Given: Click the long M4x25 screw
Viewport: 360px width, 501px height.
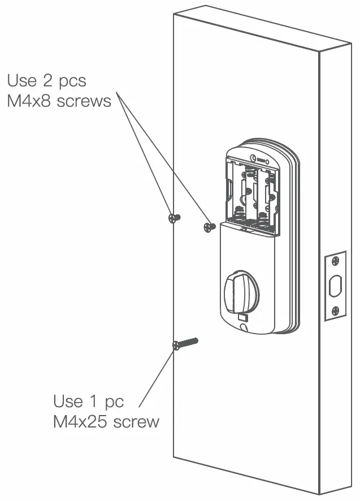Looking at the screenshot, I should coord(186,343).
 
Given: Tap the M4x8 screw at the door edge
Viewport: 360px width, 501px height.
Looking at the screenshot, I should coord(174,218).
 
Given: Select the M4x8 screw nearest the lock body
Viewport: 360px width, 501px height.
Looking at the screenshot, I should coord(209,227).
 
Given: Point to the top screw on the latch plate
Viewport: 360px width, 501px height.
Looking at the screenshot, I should coord(335,261).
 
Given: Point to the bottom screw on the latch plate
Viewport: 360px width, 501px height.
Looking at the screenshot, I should coord(335,310).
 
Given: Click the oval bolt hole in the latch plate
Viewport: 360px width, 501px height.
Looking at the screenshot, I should coord(335,286).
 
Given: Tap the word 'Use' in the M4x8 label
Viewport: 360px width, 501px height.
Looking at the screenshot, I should coord(22,81).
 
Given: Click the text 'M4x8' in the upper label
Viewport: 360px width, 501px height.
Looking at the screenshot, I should coord(29,102).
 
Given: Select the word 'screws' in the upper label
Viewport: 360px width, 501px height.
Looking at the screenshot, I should coord(84,102).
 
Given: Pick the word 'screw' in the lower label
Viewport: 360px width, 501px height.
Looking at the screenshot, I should coord(136,422).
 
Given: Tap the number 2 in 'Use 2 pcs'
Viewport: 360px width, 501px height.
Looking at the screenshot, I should coord(47,81).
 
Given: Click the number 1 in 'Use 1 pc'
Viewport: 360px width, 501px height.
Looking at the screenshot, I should coord(94,401).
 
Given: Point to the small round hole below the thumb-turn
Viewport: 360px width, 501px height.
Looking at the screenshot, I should coord(243,326).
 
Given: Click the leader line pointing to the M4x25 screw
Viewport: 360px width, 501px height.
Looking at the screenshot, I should coord(155,379).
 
